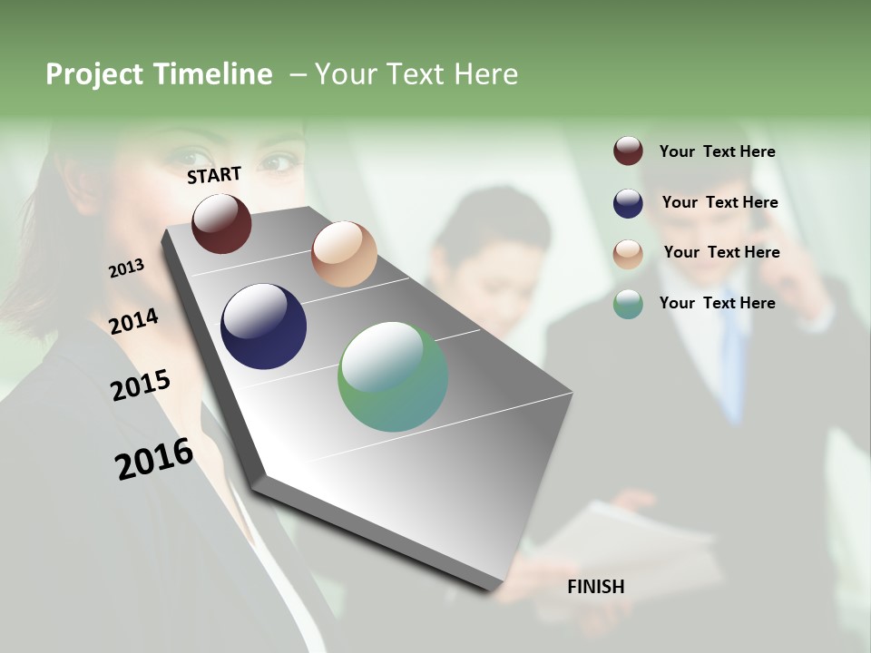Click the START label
[x=214, y=175]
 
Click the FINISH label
[x=596, y=587]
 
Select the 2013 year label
[x=126, y=268]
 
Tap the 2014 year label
[x=133, y=321]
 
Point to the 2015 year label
[x=141, y=385]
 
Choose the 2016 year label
[x=154, y=459]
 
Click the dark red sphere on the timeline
[x=221, y=223]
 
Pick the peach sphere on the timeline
[x=344, y=254]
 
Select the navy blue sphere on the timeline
[x=263, y=326]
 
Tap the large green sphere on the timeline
[x=393, y=376]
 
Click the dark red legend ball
[x=628, y=151]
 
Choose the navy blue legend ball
[x=628, y=203]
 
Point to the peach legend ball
[x=628, y=254]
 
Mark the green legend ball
[x=628, y=304]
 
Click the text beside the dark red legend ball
[x=717, y=151]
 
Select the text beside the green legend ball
[x=717, y=303]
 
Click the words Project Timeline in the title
[x=159, y=74]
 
